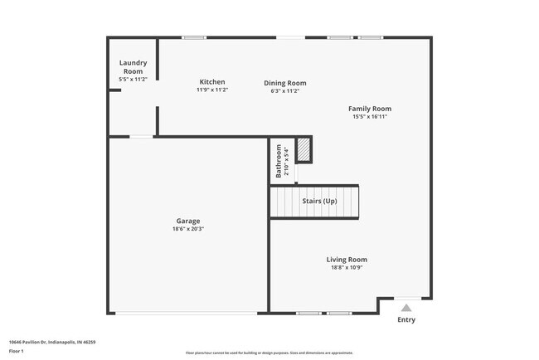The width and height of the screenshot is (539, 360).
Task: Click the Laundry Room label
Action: pos(133,67)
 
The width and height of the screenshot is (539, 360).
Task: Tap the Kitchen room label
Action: pos(211,81)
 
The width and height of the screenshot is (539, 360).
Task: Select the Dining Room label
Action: pos(285,83)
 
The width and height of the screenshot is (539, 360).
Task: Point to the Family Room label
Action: pos(369,109)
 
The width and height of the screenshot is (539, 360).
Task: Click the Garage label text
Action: pos(188,221)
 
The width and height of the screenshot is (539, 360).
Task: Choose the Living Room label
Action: pos(347,260)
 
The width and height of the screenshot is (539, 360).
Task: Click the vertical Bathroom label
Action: pos(279,162)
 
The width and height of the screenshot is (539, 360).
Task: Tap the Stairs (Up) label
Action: pos(319,202)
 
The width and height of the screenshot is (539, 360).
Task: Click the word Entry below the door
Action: pos(406,320)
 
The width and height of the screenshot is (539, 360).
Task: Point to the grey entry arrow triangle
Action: pos(406,307)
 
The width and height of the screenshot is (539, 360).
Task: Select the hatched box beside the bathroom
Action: pos(304,149)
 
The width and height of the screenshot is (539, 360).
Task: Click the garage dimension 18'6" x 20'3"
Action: pos(188,230)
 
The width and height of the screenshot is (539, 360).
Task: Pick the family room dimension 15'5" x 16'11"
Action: pos(369,117)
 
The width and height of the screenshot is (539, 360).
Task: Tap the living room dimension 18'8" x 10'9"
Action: pos(347,268)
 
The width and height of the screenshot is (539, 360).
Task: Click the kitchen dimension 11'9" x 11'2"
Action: pos(211,90)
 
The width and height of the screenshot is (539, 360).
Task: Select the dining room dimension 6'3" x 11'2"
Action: pos(285,90)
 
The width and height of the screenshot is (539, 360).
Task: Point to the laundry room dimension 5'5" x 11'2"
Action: pos(133,79)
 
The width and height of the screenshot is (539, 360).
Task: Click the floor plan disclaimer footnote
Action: pos(269,353)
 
